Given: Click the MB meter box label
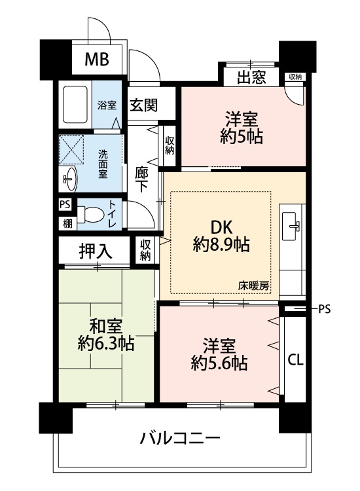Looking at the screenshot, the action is pyautogui.click(x=97, y=59).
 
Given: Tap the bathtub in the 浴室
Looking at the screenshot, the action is pyautogui.click(x=75, y=104).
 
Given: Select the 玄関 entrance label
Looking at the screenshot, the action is pyautogui.click(x=144, y=105).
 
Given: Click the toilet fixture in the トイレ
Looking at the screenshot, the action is pyautogui.click(x=90, y=215).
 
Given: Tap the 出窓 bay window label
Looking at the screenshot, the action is pyautogui.click(x=251, y=77).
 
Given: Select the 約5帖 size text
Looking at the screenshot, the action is pyautogui.click(x=242, y=137).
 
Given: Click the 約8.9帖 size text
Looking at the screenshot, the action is pyautogui.click(x=221, y=244).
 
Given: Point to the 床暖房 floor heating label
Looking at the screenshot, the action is pyautogui.click(x=253, y=286).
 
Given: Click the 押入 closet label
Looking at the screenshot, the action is pyautogui.click(x=96, y=251).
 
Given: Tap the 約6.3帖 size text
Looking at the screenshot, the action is pyautogui.click(x=106, y=344).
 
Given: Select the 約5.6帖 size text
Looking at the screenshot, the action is pyautogui.click(x=219, y=363).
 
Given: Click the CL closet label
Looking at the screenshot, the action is pyautogui.click(x=295, y=360).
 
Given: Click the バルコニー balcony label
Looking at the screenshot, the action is pyautogui.click(x=180, y=438).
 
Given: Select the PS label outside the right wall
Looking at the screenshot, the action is pyautogui.click(x=324, y=310).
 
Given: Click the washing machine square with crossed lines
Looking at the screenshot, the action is pyautogui.click(x=72, y=150).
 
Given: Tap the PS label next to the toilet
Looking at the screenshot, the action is pyautogui.click(x=65, y=205).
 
